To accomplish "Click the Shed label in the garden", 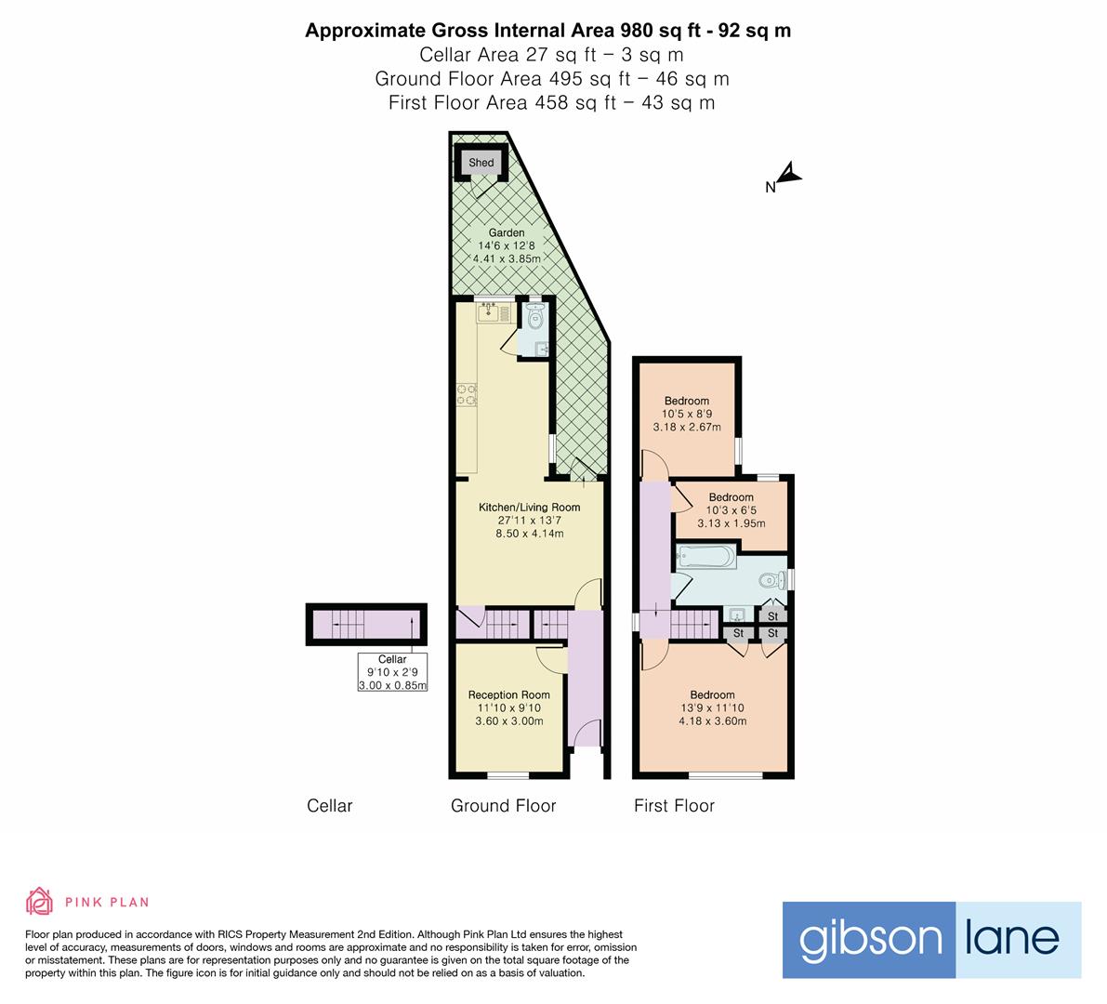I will pos(481,163).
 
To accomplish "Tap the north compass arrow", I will pos(788,174).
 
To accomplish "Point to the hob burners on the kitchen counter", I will pos(467,395).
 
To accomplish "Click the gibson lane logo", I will pos(931,940).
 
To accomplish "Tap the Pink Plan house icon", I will pos(39,901).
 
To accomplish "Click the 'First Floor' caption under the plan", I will pos(674,806).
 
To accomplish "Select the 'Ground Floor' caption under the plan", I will pos(503,806).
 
